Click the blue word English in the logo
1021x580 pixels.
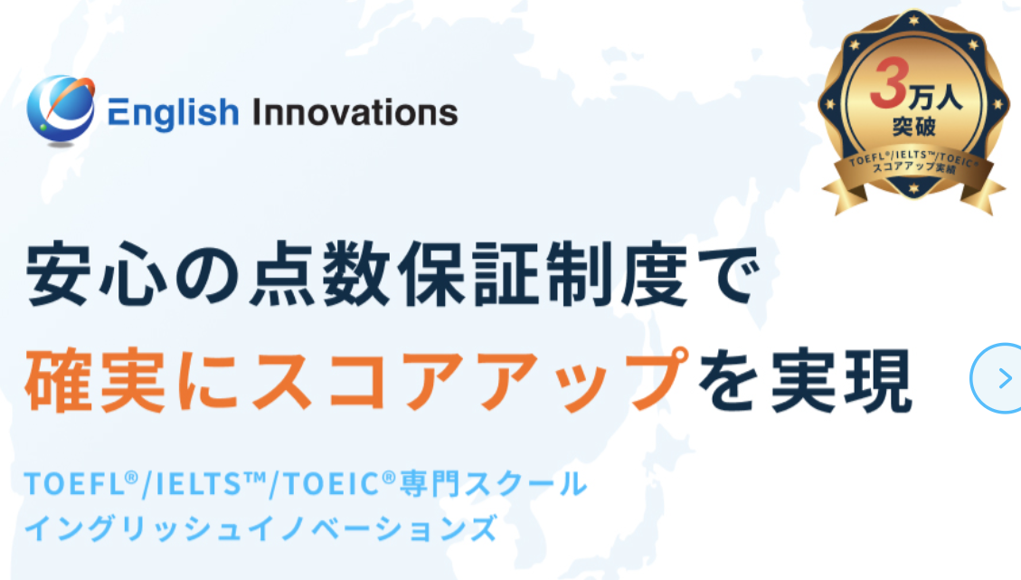[x=174, y=113]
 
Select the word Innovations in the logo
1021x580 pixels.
[x=355, y=112]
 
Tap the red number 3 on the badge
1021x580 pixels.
[x=889, y=82]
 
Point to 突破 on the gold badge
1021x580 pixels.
[x=914, y=126]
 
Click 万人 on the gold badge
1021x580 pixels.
[x=936, y=98]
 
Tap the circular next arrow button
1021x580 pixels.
[x=997, y=378]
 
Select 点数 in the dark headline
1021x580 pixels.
[x=321, y=273]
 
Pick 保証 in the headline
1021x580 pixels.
[x=469, y=273]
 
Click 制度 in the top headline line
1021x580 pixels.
[x=618, y=273]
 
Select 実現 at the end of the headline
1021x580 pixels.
[x=841, y=381]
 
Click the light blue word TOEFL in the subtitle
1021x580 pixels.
[x=73, y=484]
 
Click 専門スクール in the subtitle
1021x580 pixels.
[x=493, y=484]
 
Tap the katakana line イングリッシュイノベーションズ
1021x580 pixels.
[x=261, y=528]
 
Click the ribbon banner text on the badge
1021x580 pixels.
[x=914, y=163]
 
